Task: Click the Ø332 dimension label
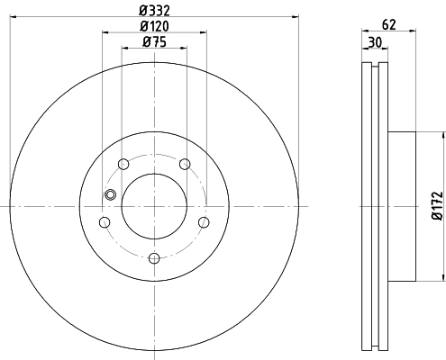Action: tap(154, 11)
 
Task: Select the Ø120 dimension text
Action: tap(154, 26)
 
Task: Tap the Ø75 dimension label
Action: tap(154, 42)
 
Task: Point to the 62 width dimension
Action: tap(389, 24)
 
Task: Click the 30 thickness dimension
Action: tap(375, 42)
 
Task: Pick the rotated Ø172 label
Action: tap(438, 206)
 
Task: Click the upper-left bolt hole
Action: tap(123, 164)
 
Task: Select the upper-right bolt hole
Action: tap(185, 164)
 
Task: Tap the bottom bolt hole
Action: tap(154, 258)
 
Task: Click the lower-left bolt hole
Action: tap(105, 222)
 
